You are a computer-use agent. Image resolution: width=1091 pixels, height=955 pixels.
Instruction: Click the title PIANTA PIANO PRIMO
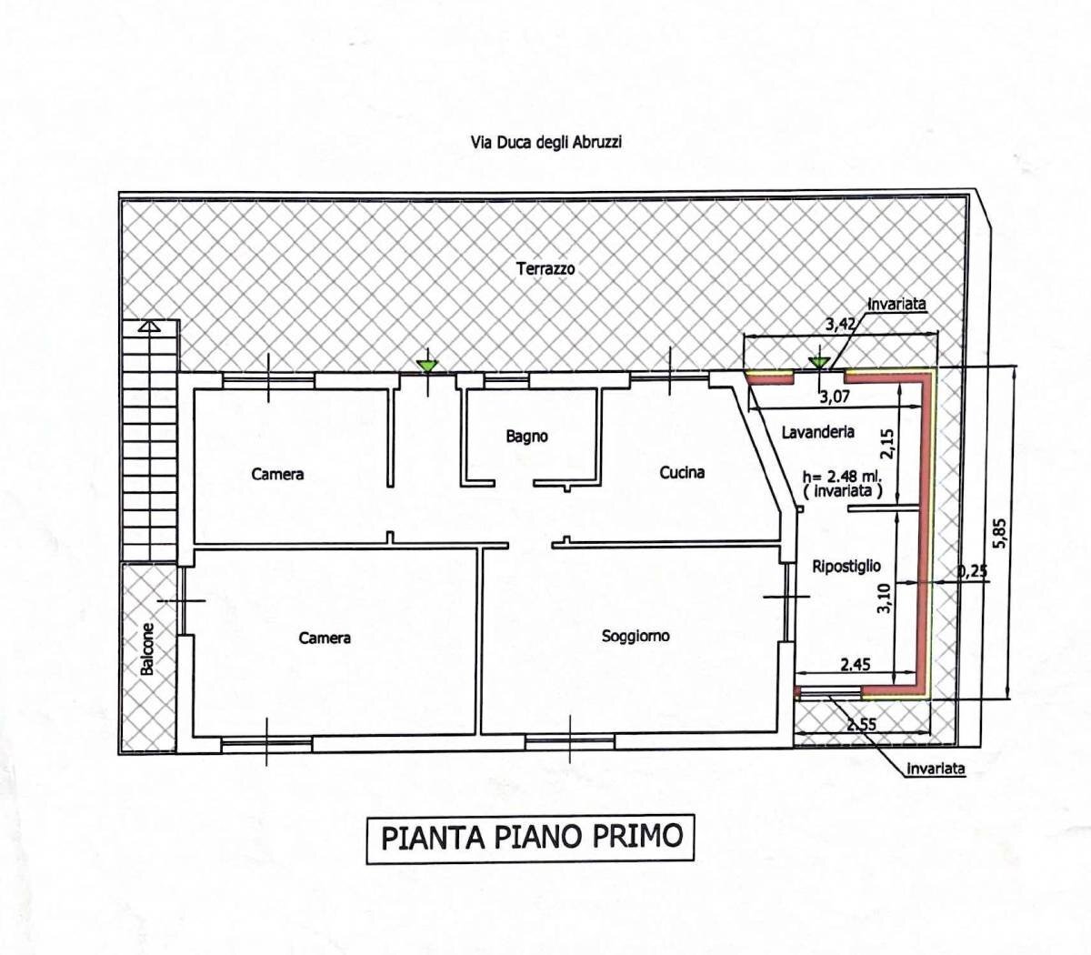pyautogui.click(x=531, y=837)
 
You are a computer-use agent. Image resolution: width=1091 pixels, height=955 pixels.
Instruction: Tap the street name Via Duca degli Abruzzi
pyautogui.click(x=545, y=142)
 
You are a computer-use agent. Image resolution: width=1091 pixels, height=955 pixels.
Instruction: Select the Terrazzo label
pyautogui.click(x=545, y=268)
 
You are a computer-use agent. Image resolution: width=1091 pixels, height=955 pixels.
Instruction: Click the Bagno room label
pyautogui.click(x=527, y=437)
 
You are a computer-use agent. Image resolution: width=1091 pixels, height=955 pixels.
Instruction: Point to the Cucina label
pyautogui.click(x=682, y=472)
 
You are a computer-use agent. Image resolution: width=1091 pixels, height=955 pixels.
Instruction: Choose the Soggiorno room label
pyautogui.click(x=636, y=636)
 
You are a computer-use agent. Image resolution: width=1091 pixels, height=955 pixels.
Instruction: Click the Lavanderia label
pyautogui.click(x=817, y=432)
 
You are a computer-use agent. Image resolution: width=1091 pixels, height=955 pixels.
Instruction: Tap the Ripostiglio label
pyautogui.click(x=846, y=566)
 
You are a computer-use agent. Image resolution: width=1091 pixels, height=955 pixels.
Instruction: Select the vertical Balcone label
pyautogui.click(x=147, y=648)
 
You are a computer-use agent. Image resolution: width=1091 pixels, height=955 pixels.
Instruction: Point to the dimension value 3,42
pyautogui.click(x=841, y=323)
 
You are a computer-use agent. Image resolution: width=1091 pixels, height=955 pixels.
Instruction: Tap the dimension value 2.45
pyautogui.click(x=855, y=665)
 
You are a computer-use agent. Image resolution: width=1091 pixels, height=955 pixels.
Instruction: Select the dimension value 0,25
pyautogui.click(x=973, y=571)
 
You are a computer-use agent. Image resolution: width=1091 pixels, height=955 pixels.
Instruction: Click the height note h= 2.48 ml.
pyautogui.click(x=842, y=476)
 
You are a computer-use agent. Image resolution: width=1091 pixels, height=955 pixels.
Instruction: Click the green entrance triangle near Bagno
pyautogui.click(x=426, y=366)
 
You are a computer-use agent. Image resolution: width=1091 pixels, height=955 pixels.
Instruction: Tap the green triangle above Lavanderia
pyautogui.click(x=819, y=362)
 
